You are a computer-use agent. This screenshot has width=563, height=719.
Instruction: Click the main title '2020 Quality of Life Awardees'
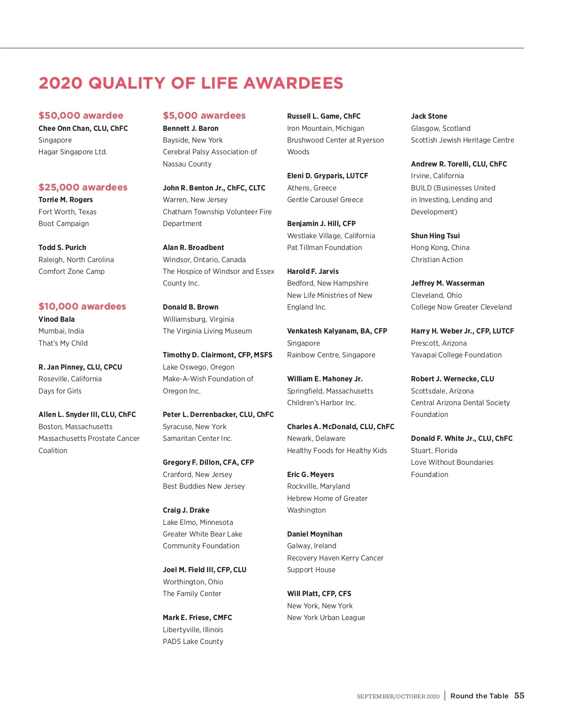coord(191,83)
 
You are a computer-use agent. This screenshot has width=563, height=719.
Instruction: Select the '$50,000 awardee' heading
coord(81,115)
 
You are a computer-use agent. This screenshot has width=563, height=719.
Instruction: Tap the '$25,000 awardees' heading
coord(83,187)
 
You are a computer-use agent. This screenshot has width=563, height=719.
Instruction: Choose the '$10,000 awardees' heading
coord(82,306)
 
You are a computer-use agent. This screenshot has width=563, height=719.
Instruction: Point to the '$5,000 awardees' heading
coord(204,115)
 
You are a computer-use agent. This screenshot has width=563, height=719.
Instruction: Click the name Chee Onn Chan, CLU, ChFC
coord(83,128)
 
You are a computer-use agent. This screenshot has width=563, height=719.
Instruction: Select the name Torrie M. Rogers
coord(66,199)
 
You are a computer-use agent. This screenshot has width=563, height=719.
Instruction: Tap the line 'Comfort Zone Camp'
coord(71,271)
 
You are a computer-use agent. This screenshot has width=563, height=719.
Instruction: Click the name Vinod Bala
coord(56,319)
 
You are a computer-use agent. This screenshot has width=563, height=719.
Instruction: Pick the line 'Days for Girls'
coord(60,391)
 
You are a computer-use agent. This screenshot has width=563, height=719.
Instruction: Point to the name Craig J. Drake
coord(186,510)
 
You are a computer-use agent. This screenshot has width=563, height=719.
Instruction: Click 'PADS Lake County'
coord(193,641)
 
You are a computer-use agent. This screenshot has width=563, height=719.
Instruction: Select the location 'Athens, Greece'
coord(312,188)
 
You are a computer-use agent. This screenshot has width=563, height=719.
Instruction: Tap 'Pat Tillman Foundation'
coord(324,247)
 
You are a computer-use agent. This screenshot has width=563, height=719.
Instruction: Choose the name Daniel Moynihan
coord(314,534)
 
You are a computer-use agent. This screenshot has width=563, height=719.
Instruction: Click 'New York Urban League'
coord(326,617)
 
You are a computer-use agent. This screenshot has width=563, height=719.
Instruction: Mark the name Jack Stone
coord(429,116)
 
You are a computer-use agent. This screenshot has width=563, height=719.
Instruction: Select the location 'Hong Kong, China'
coord(440,247)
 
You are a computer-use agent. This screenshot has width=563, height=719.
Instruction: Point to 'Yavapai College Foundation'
coord(456,355)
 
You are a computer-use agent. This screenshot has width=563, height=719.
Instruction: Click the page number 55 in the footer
coord(519,696)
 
